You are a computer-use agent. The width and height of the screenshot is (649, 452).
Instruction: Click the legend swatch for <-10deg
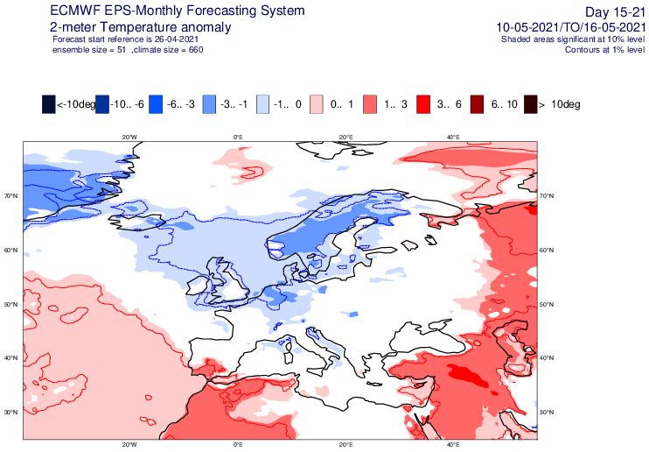[x=48, y=104]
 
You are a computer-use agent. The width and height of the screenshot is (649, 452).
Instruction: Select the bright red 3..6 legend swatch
[x=423, y=104]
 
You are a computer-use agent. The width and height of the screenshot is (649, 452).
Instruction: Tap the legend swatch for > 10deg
[x=531, y=104]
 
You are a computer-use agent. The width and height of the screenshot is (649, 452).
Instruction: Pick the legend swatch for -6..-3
[x=156, y=104]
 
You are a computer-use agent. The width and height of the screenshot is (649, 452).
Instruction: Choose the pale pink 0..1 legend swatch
[x=317, y=104]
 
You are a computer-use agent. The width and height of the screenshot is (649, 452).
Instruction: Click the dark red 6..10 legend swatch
[x=477, y=104]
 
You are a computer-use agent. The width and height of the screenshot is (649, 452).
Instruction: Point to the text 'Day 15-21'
[x=615, y=12]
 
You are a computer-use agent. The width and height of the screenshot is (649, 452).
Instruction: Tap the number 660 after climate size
[x=196, y=50]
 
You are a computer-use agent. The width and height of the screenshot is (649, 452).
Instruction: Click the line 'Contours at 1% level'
[x=604, y=50]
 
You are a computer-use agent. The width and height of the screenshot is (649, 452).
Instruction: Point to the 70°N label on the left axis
[x=11, y=195]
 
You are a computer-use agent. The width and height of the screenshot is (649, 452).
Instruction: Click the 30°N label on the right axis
[x=547, y=413]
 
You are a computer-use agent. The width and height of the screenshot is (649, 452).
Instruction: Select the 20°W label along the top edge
[x=129, y=138]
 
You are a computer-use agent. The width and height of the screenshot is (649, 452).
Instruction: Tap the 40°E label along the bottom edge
[x=453, y=445]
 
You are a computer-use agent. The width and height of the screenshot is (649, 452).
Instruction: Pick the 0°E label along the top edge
[x=238, y=138]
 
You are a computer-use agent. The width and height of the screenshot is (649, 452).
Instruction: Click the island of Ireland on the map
[x=198, y=286]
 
